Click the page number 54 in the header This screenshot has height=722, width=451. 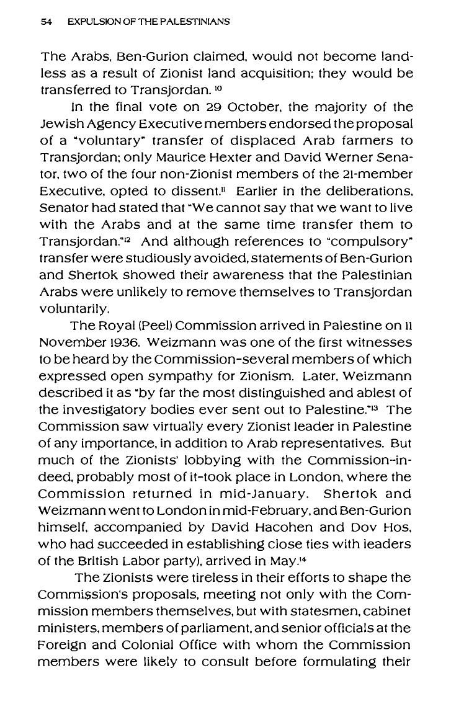click(45, 22)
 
